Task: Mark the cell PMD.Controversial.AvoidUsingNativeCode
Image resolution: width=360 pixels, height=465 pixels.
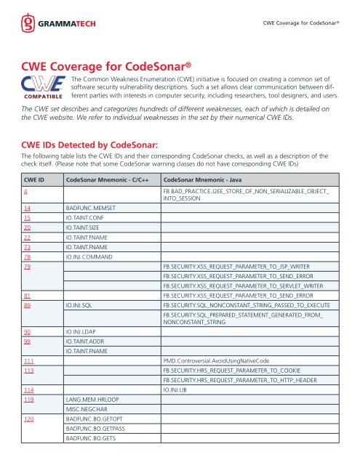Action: click(221, 360)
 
